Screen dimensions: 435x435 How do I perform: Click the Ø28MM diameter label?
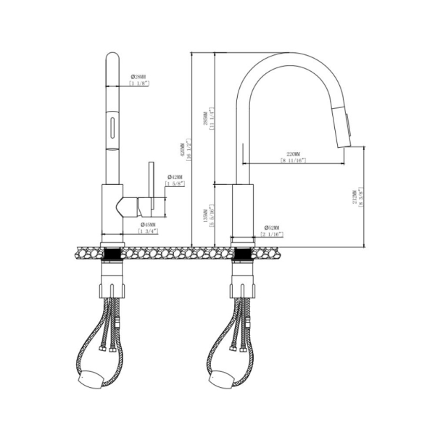tap(138, 76)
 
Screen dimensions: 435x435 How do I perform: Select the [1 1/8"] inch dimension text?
tap(138, 84)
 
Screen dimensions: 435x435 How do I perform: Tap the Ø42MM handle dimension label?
tap(177, 177)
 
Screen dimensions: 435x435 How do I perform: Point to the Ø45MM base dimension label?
tap(150, 224)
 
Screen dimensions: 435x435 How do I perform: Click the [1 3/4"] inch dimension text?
tap(150, 232)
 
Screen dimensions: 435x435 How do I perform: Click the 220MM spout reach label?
tap(294, 154)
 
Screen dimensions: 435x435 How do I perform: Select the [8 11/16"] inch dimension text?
tap(294, 162)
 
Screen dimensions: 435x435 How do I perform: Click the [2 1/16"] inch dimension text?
tap(273, 235)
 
